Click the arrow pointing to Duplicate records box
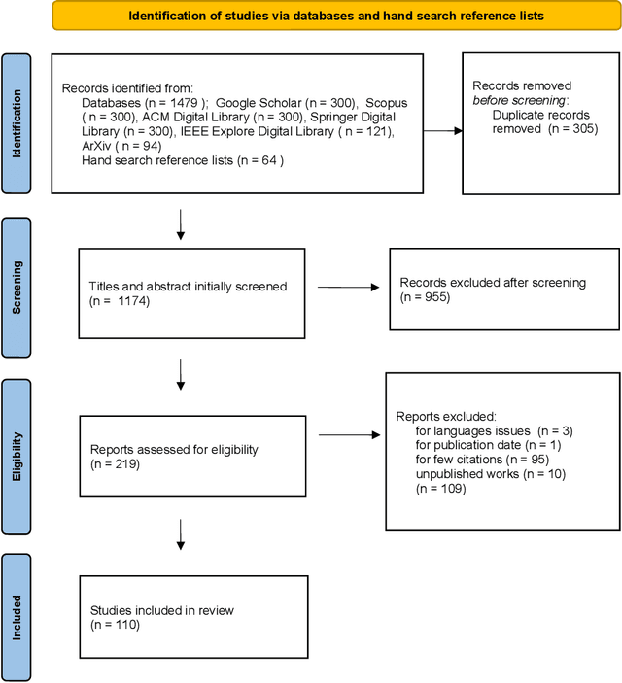pos(442,130)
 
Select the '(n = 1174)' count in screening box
pos(120,300)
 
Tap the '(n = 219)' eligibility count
pos(115,464)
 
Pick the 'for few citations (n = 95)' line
pos(480,459)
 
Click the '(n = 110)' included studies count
pos(115,625)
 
